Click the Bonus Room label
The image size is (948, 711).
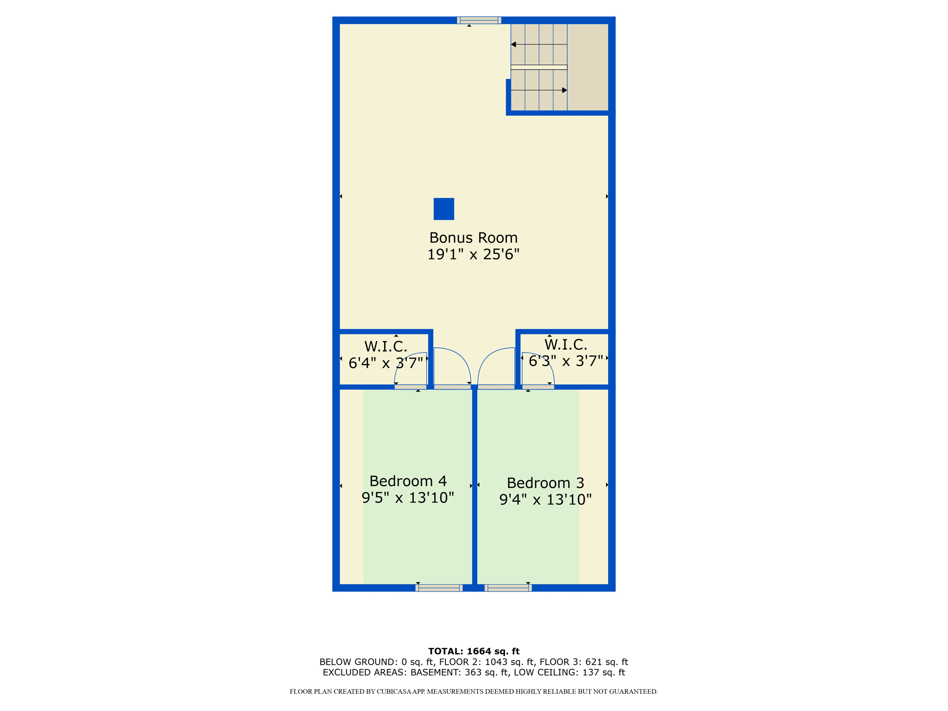473,237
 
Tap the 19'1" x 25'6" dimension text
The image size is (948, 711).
473,255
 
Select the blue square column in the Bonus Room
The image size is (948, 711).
443,209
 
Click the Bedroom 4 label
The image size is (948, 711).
408,481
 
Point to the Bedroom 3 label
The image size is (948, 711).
545,483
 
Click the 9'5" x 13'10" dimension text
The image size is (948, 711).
408,498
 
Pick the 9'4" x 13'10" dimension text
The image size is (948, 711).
545,500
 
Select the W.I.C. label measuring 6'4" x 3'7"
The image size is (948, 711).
386,346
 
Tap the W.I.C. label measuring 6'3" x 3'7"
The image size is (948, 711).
566,344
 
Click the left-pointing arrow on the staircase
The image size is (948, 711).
514,44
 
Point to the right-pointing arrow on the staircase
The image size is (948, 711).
564,90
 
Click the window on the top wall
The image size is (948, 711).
479,20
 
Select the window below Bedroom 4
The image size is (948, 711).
439,588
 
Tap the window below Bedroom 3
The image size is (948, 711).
508,588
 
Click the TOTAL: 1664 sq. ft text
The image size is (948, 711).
474,651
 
